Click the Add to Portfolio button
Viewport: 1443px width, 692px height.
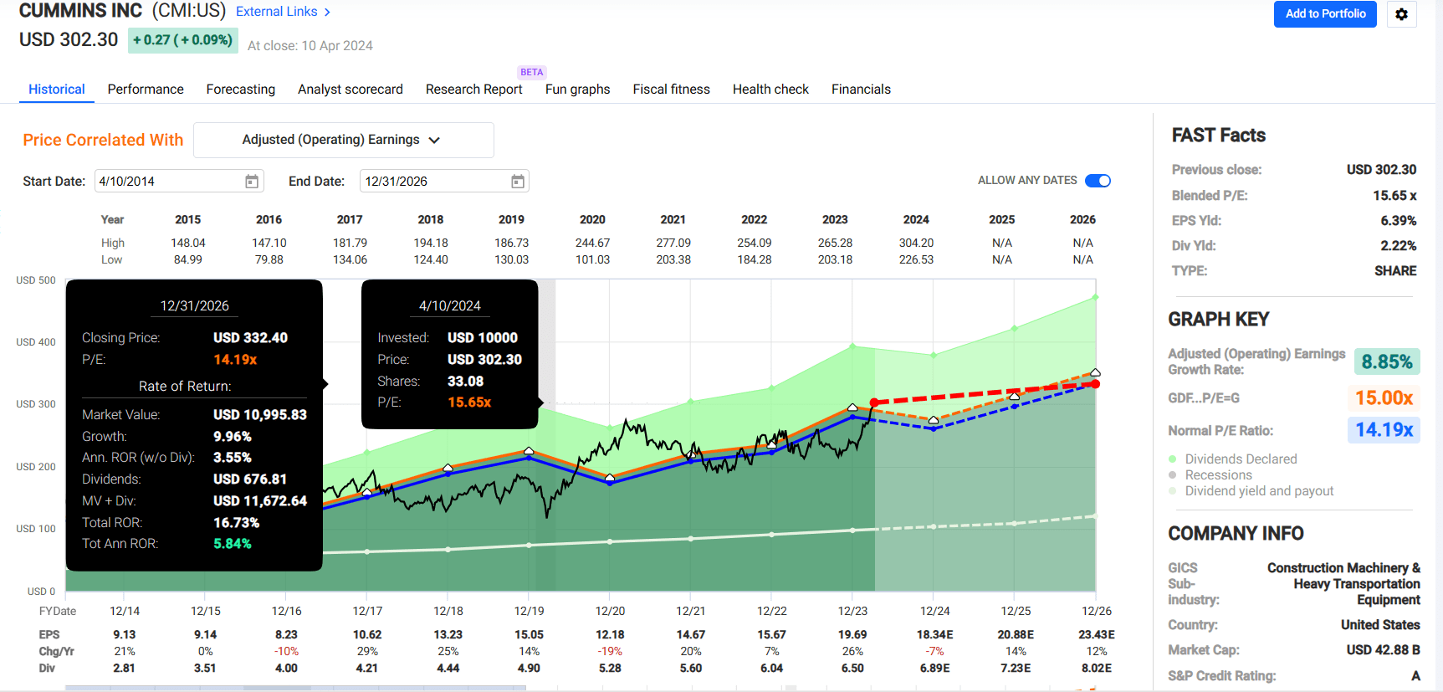(1324, 14)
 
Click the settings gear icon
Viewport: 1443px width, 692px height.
(1401, 14)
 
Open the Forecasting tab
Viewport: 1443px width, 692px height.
(240, 90)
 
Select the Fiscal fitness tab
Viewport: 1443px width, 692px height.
(671, 90)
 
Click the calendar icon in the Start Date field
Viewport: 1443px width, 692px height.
(251, 182)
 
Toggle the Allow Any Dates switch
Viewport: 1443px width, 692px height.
(1098, 181)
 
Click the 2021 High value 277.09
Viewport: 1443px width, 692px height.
(673, 243)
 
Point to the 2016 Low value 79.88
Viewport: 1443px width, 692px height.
(269, 259)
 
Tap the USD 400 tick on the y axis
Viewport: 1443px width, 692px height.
(36, 342)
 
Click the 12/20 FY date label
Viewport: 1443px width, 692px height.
(610, 611)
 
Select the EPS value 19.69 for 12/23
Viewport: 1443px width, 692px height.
(852, 634)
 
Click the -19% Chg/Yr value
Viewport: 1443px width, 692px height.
(610, 651)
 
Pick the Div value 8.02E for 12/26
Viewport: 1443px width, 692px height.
(1096, 668)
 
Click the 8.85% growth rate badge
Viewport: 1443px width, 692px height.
(1386, 361)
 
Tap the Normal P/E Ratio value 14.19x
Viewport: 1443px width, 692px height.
(1384, 430)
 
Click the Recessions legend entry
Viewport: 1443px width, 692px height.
(1218, 475)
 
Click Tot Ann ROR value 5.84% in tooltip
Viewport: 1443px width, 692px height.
(233, 544)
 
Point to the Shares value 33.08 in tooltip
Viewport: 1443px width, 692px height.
(465, 381)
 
